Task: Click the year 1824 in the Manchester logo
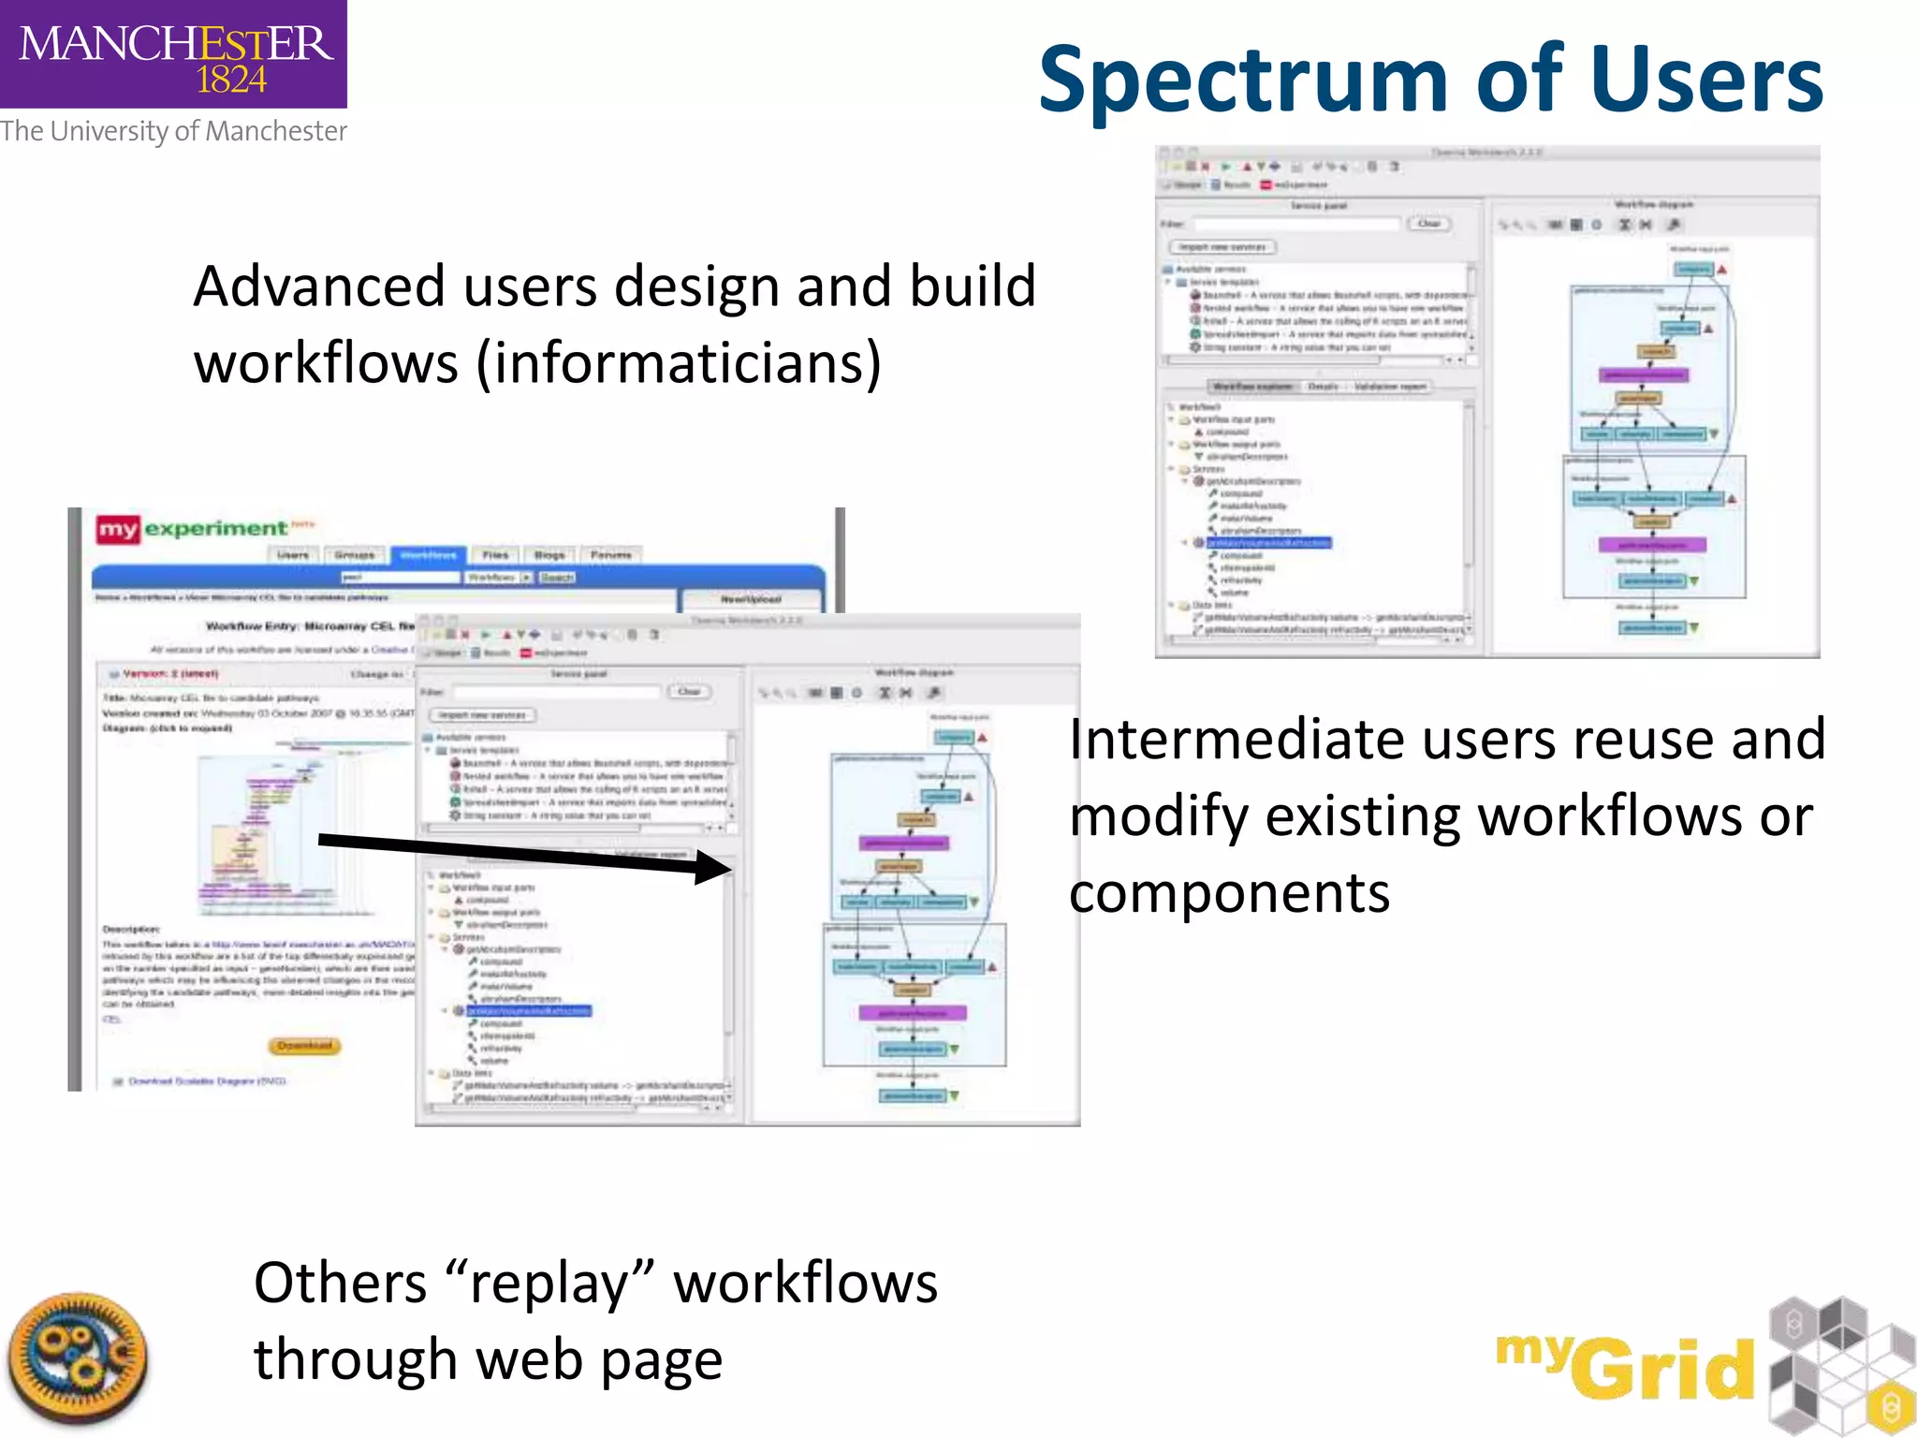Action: [231, 81]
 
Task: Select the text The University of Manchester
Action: [173, 131]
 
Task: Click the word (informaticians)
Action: [680, 363]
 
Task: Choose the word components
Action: [1229, 893]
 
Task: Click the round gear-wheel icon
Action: [79, 1358]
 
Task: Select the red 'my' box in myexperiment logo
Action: [118, 530]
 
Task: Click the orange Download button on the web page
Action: [305, 1045]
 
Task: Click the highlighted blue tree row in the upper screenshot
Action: [1267, 543]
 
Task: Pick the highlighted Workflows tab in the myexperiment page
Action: [428, 555]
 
